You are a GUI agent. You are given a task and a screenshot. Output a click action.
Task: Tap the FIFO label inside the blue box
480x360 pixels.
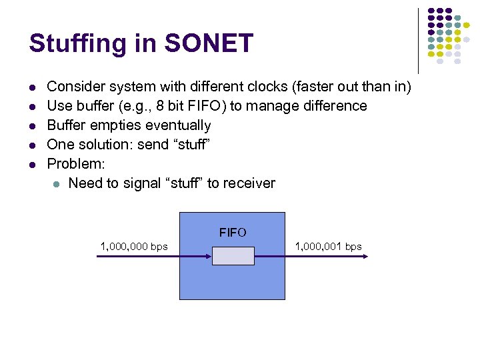233,233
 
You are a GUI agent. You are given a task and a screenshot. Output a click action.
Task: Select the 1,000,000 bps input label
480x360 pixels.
134,247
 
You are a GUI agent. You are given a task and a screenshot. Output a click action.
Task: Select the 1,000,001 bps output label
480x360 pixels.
328,247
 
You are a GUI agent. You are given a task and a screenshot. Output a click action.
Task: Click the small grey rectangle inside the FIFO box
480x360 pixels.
233,256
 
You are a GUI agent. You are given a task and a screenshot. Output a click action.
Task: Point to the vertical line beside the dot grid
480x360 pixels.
418,40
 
